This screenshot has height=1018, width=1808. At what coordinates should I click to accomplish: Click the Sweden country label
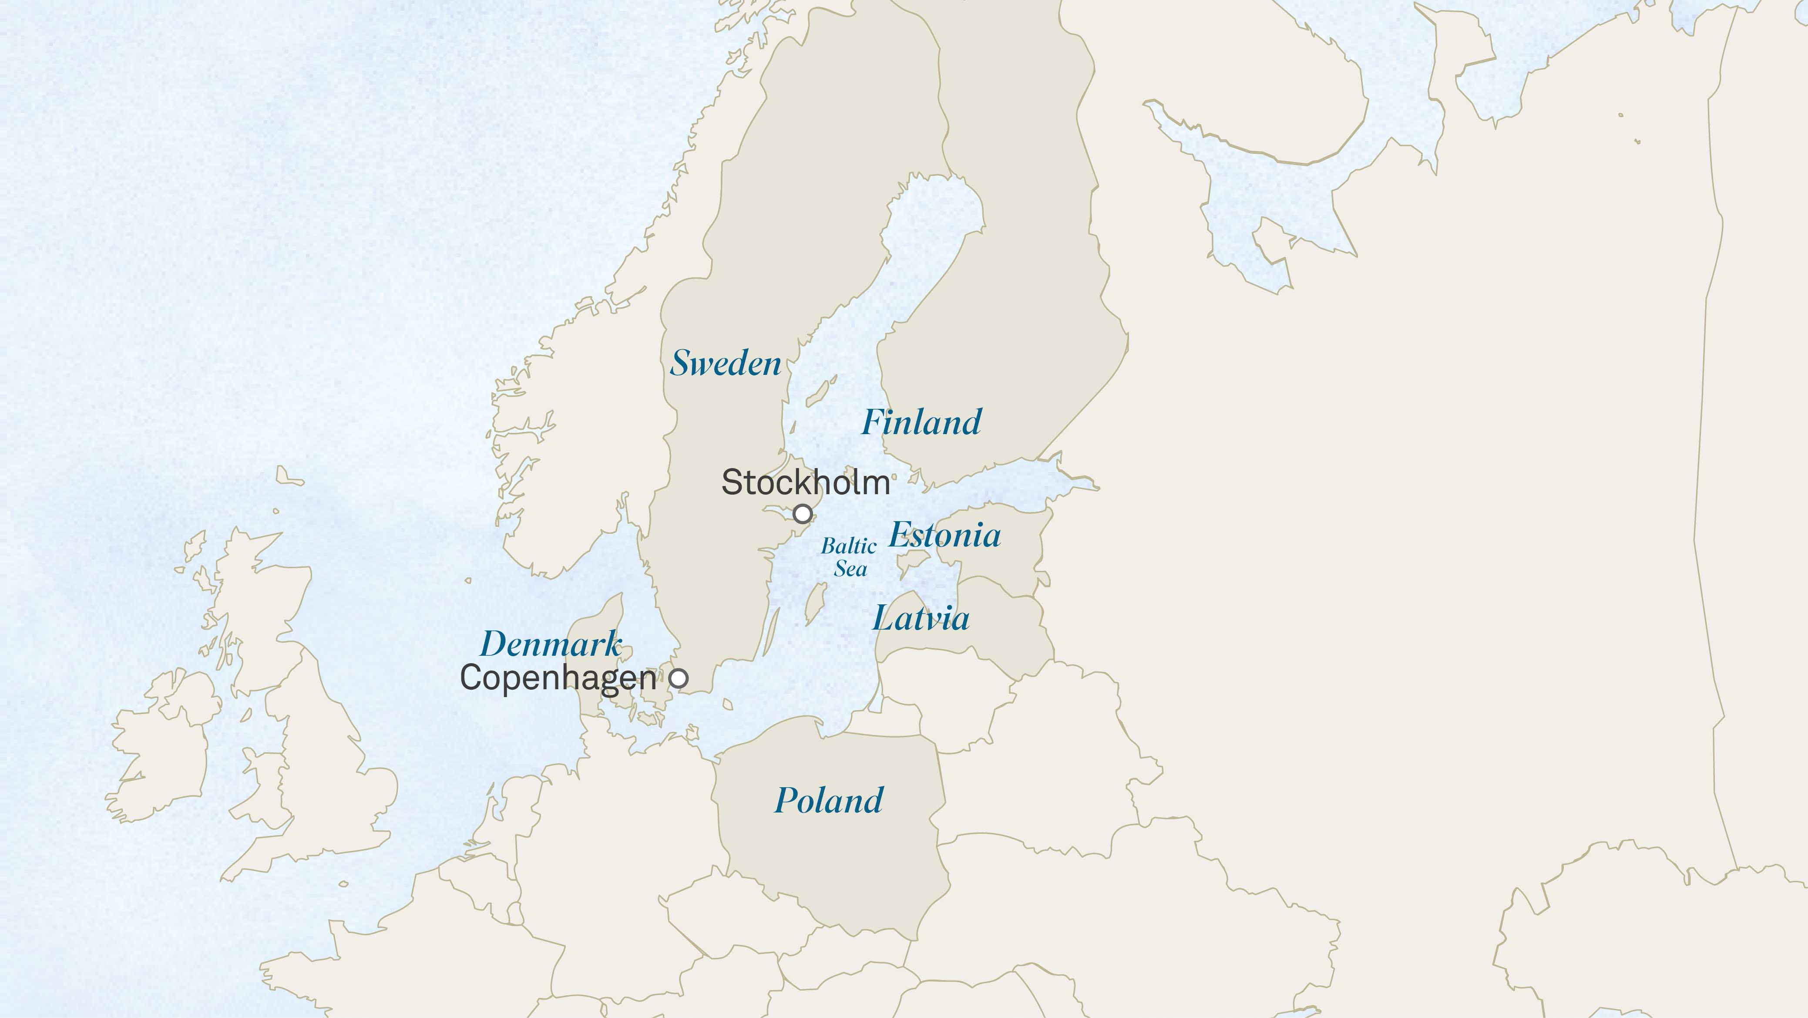725,363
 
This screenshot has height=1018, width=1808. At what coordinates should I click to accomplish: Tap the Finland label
921,422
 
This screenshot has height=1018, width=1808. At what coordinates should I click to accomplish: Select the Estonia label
945,535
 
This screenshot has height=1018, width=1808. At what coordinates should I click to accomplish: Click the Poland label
828,800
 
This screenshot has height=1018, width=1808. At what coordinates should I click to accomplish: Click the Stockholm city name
805,482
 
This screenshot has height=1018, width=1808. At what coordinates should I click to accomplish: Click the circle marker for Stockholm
802,514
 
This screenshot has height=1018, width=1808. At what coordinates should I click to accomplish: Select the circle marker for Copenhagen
679,678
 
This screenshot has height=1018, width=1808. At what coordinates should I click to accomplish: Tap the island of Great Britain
316,758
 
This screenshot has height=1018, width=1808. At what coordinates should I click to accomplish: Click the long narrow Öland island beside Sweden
771,632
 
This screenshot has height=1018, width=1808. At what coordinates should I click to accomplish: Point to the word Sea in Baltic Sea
850,569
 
